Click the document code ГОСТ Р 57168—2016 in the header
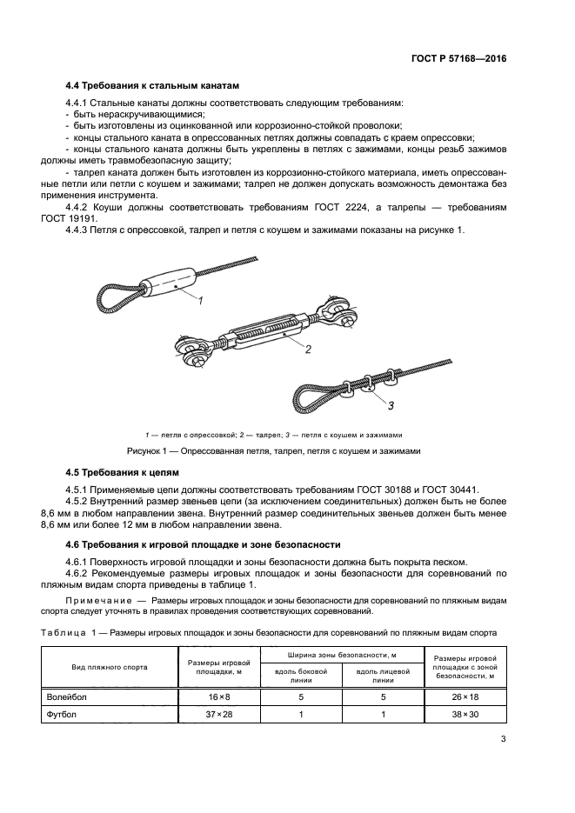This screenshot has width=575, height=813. click(458, 59)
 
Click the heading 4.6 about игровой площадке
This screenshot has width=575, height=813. click(203, 544)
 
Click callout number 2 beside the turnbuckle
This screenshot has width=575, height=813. click(307, 349)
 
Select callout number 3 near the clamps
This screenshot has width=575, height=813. click(390, 405)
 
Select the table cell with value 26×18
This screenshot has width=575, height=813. click(465, 696)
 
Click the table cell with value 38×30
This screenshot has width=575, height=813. click(465, 715)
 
